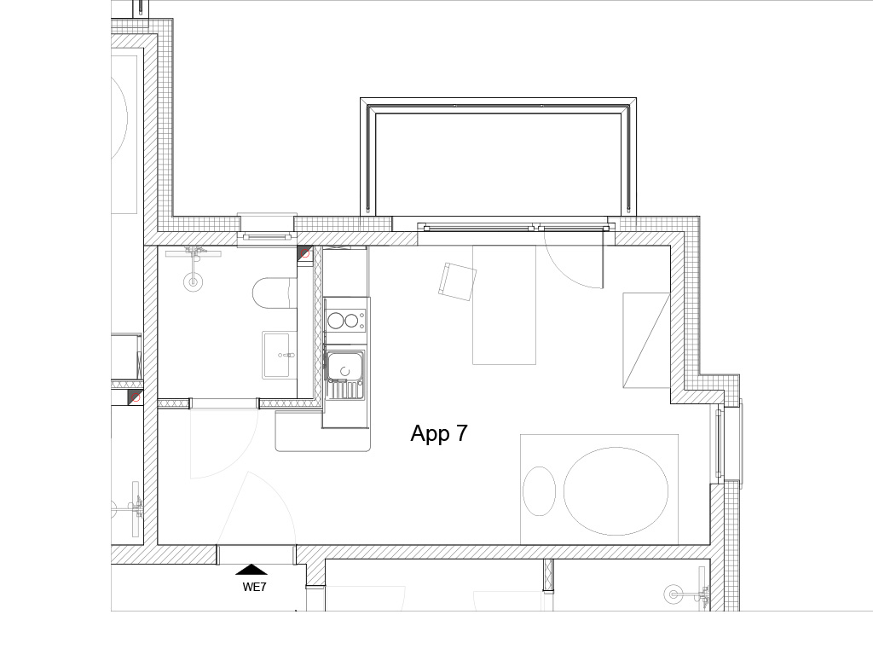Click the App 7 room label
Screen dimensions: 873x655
(x=439, y=433)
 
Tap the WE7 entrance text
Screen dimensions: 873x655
(x=254, y=587)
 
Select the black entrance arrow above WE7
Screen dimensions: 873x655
(x=251, y=569)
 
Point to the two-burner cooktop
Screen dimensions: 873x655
(x=345, y=321)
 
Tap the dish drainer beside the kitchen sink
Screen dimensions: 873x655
(x=345, y=389)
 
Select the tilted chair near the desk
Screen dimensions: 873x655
(x=458, y=281)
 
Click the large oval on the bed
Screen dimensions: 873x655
(x=616, y=490)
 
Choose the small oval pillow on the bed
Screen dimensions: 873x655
(x=540, y=490)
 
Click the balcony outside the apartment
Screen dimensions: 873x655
(x=498, y=158)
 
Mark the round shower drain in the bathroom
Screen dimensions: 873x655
(x=194, y=281)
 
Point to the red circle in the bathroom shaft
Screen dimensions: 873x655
(x=305, y=254)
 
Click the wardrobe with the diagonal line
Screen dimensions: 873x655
(x=646, y=339)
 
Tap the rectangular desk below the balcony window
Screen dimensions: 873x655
(x=505, y=304)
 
